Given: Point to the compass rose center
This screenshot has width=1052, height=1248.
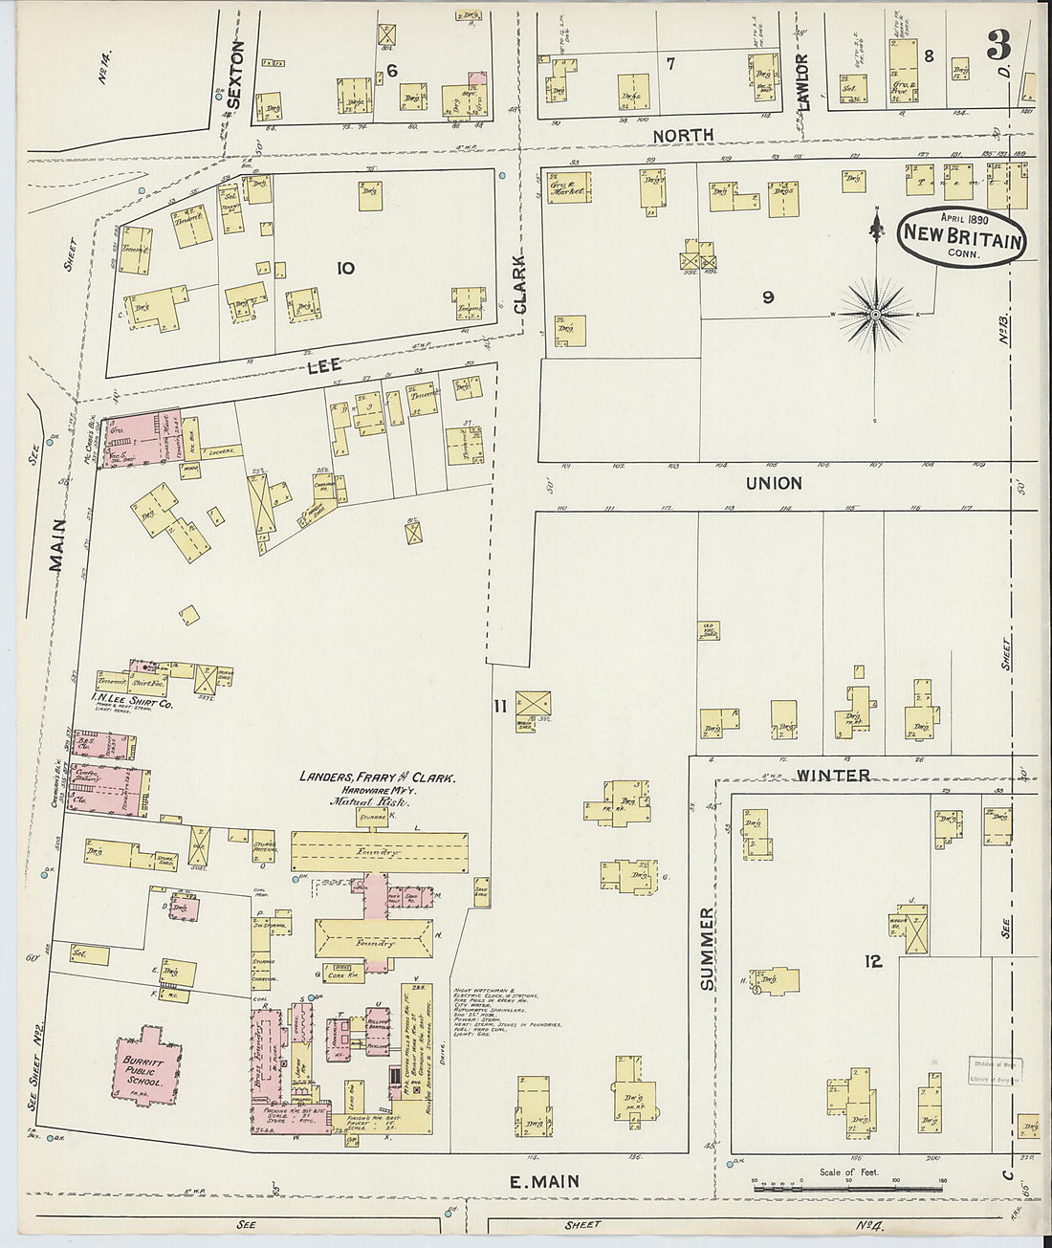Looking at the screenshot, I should [x=876, y=314].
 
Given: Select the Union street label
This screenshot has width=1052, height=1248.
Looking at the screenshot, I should [x=774, y=483].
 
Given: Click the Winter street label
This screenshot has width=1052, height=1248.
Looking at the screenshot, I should [x=833, y=775].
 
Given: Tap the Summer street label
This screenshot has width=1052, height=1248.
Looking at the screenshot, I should [x=707, y=949].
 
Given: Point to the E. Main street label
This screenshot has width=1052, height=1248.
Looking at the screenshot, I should [x=543, y=1182].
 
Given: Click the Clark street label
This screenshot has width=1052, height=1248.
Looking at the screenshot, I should [x=520, y=284].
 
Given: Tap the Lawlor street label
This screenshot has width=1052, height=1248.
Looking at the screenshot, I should [x=803, y=82].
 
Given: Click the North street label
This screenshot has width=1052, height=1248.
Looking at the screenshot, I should [x=683, y=135].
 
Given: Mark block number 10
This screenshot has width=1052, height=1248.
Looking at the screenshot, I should [x=345, y=269].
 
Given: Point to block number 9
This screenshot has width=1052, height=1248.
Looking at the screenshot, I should [x=767, y=297].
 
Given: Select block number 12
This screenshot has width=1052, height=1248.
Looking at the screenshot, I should [x=873, y=961].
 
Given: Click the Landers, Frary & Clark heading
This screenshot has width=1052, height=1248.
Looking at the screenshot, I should [x=377, y=777].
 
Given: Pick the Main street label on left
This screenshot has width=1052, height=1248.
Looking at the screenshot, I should [x=57, y=545].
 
